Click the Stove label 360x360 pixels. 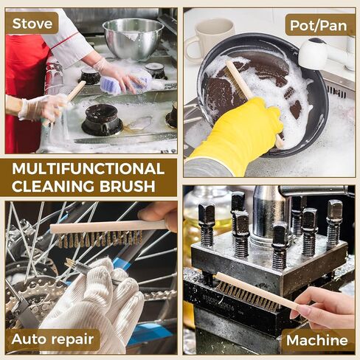32,23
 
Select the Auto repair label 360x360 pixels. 55,340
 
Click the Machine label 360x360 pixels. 316,340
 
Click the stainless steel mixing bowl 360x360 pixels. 133,37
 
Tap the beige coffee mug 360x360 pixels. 209,37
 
